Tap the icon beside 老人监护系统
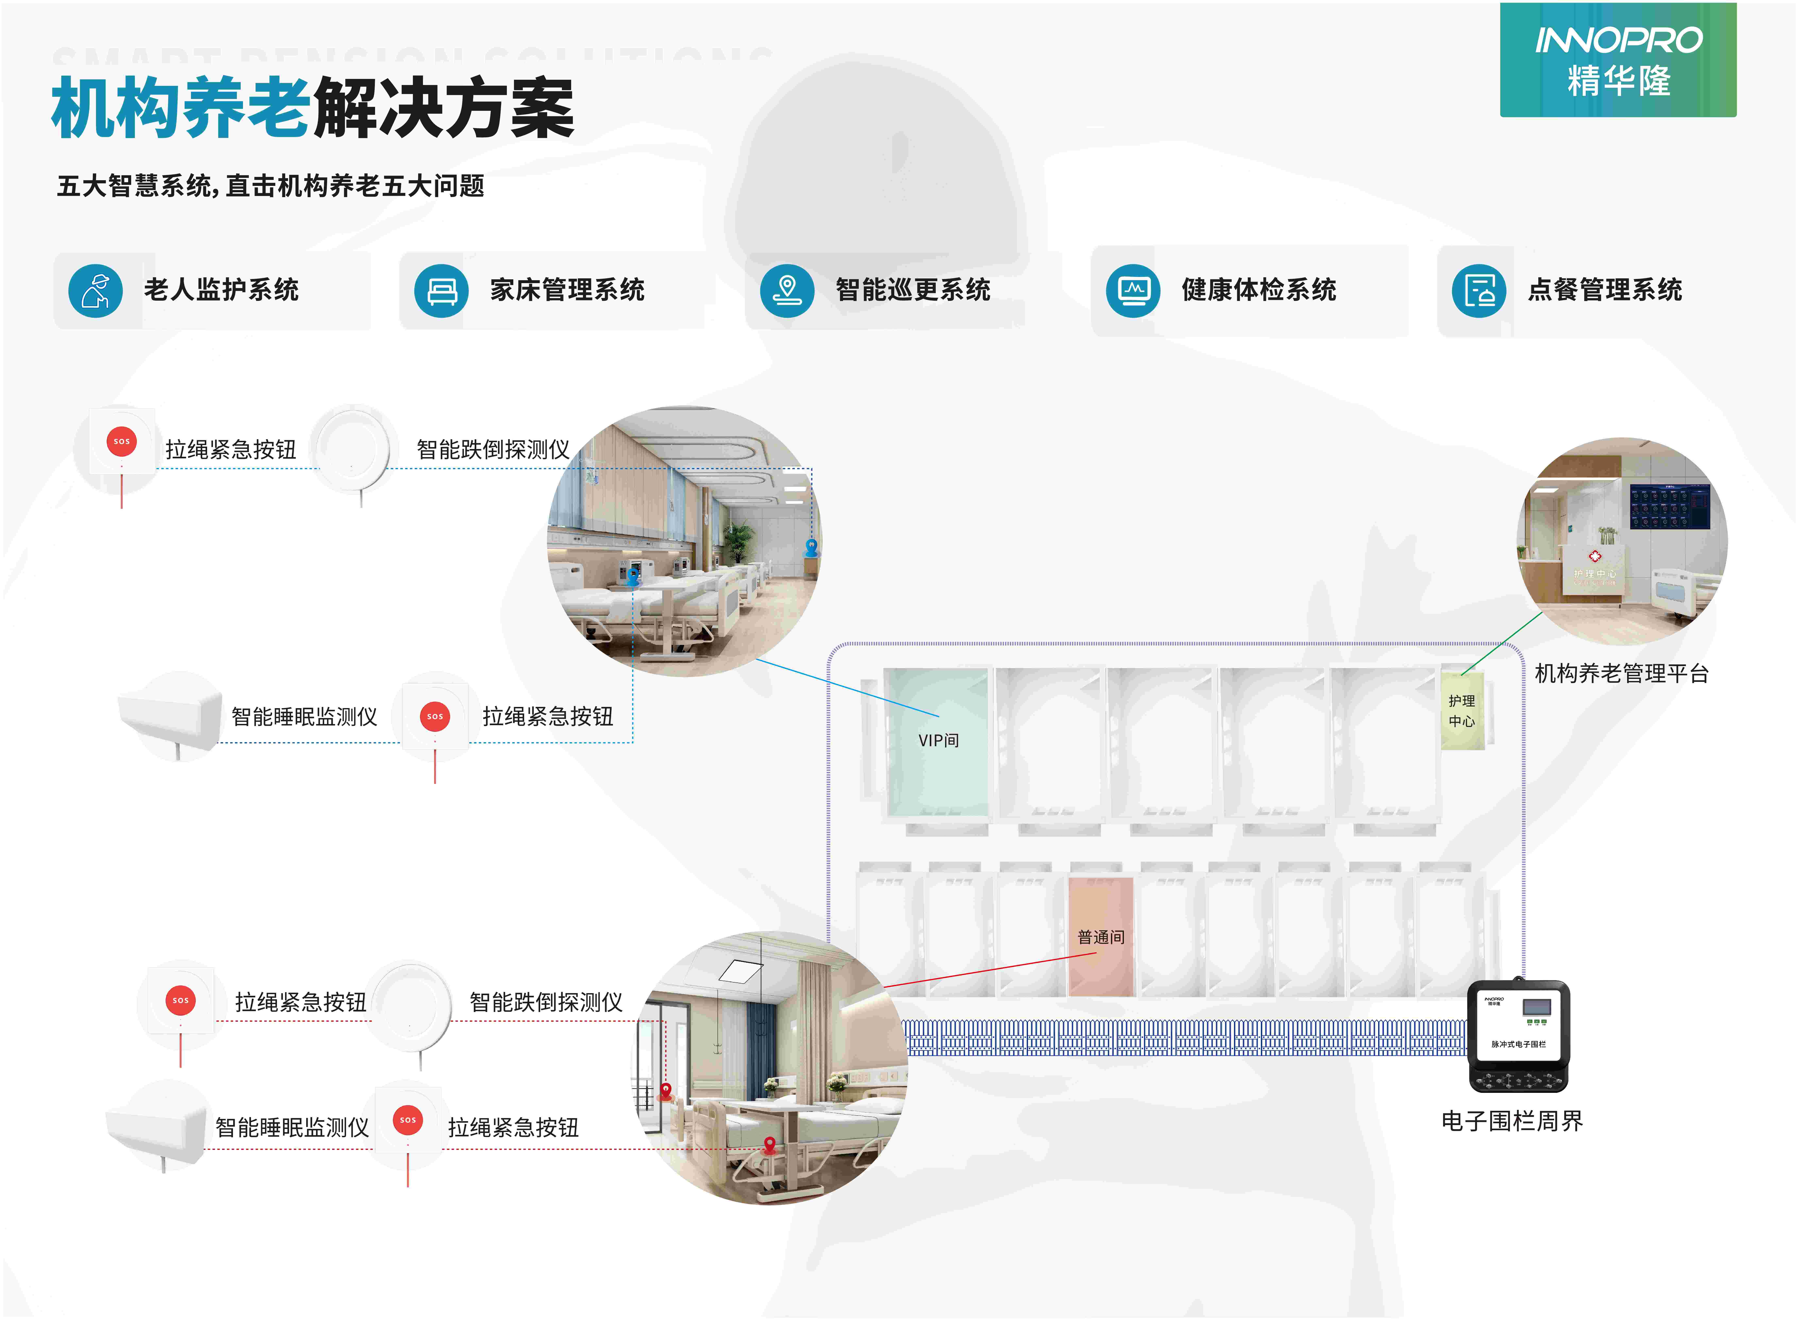pos(95,291)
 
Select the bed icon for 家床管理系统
pos(441,291)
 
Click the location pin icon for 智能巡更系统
pos(787,291)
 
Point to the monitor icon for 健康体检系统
pos(1133,291)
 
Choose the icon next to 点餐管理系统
pos(1479,291)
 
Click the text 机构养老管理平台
pos(1621,674)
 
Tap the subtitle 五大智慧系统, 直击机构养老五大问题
pos(270,186)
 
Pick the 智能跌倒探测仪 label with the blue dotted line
pos(493,450)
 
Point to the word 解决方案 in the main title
pos(443,108)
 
